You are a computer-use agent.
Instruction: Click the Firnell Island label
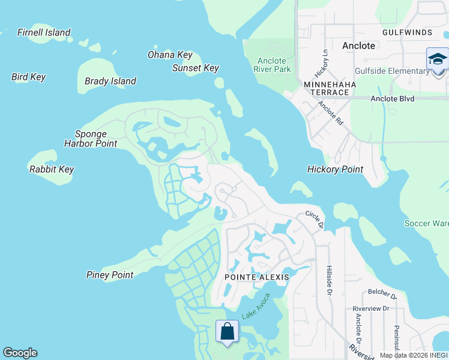(x=44, y=32)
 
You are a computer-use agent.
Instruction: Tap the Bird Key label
(x=28, y=77)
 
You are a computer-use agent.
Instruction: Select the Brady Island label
(x=110, y=81)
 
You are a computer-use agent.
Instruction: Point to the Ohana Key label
(x=170, y=55)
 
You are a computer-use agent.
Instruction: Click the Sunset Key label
(x=196, y=68)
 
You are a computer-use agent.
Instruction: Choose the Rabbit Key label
(x=52, y=169)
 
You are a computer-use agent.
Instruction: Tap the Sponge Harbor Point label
(x=91, y=139)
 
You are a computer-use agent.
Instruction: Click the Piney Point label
(x=110, y=275)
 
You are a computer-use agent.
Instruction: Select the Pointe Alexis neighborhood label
(x=256, y=277)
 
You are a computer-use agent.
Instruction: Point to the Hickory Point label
(x=335, y=169)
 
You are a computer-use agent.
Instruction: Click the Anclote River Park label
(x=274, y=65)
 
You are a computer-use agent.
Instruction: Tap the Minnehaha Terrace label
(x=330, y=89)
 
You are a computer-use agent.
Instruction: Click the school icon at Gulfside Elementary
(x=438, y=60)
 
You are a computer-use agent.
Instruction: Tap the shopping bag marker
(x=228, y=331)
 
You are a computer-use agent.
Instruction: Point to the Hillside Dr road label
(x=329, y=280)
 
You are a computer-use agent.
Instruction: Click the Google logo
(x=20, y=353)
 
